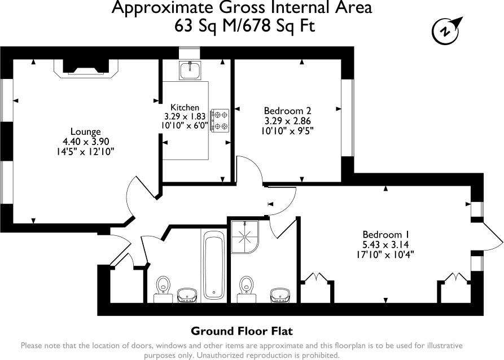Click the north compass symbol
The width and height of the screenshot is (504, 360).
[445, 30]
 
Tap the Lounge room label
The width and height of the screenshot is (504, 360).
[85, 132]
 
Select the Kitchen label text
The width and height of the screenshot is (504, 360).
[185, 107]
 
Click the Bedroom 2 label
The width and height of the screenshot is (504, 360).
[288, 111]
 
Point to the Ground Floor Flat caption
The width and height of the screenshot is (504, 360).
[242, 331]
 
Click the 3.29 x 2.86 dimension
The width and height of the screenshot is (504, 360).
[288, 120]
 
